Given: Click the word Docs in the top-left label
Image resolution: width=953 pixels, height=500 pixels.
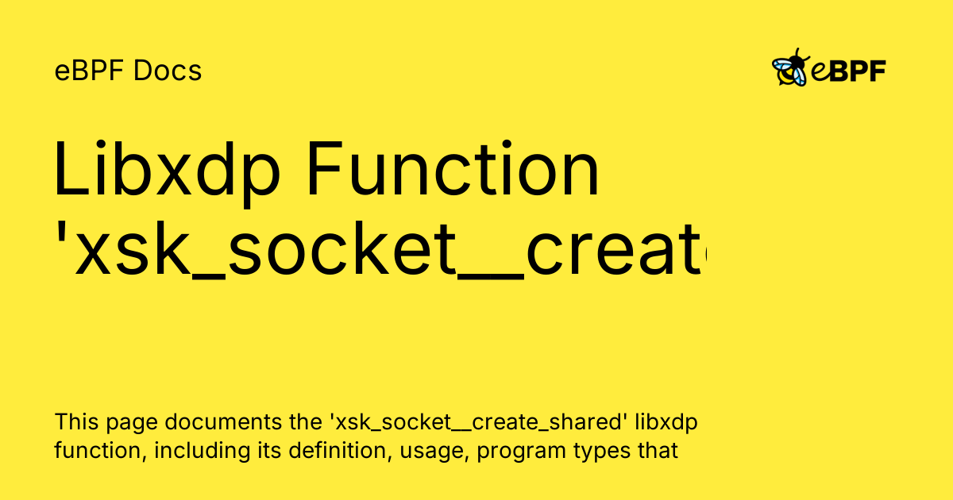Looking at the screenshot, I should point(168,71).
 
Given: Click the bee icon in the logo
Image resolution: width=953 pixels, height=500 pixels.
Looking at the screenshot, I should point(790,69).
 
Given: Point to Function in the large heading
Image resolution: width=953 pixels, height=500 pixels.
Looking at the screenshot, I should point(452,172).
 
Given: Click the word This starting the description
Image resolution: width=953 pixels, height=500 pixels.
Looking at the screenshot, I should point(75,423).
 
